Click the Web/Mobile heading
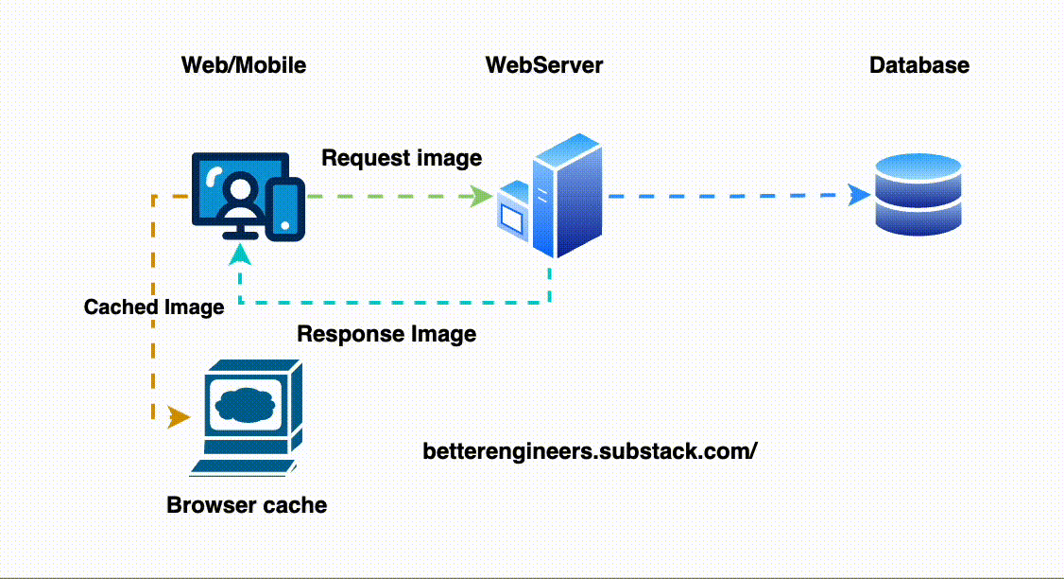point(244,65)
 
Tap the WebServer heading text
point(543,65)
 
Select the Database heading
point(918,65)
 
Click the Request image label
point(402,158)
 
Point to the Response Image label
point(386,334)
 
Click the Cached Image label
point(154,307)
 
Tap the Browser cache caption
point(247,505)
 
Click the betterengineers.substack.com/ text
point(591,451)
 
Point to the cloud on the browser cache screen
point(246,403)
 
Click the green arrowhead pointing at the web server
point(482,197)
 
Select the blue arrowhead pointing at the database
point(859,196)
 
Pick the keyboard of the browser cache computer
point(244,465)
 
